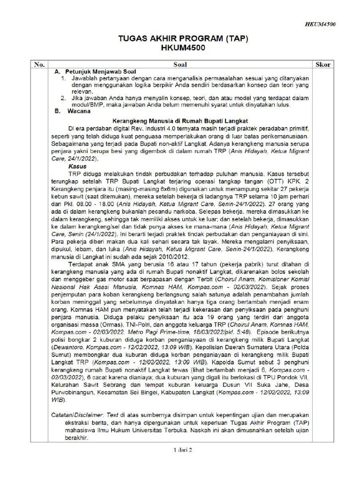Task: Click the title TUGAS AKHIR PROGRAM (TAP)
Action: pyautogui.click(x=180, y=39)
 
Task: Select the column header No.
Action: pyautogui.click(x=40, y=64)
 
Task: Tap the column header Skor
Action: pyautogui.click(x=323, y=64)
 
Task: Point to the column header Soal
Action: pyautogui.click(x=180, y=64)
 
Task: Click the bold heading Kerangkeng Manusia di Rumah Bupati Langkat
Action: pyautogui.click(x=180, y=120)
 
